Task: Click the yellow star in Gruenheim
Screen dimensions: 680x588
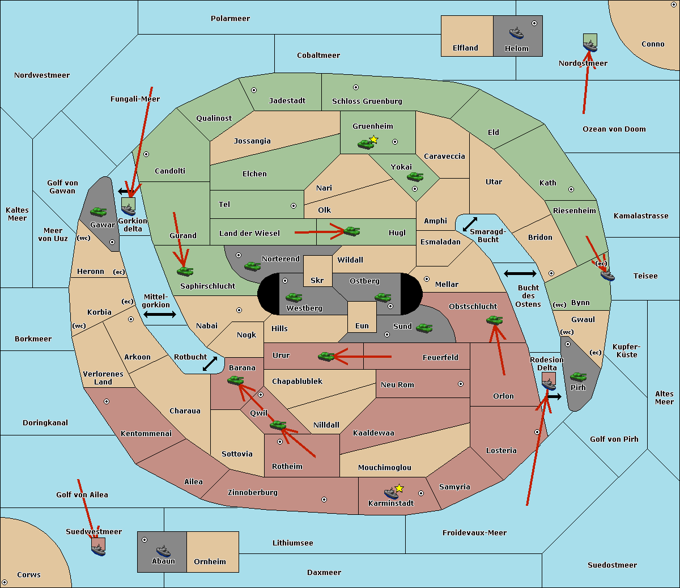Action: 374,139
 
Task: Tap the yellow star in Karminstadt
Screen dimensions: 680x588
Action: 399,488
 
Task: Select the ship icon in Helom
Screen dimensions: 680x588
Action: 516,33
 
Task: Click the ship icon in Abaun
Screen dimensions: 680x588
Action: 163,551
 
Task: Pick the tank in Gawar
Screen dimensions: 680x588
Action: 99,211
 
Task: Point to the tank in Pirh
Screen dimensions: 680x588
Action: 578,377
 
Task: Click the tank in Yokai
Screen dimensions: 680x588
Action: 415,177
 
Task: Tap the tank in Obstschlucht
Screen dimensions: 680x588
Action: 494,320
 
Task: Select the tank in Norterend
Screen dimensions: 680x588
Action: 252,266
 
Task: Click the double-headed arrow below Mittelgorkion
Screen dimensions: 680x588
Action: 160,314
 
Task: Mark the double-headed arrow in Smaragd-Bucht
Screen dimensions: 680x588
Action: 470,224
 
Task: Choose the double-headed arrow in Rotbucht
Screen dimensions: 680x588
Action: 210,363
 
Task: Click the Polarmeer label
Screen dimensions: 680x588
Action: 230,19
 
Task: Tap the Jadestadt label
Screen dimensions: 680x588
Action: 287,100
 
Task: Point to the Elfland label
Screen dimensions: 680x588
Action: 465,48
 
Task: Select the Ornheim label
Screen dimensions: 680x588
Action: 210,561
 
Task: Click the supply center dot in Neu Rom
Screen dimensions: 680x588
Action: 461,384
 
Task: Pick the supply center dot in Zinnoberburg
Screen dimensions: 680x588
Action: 324,500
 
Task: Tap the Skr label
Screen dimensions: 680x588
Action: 317,280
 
